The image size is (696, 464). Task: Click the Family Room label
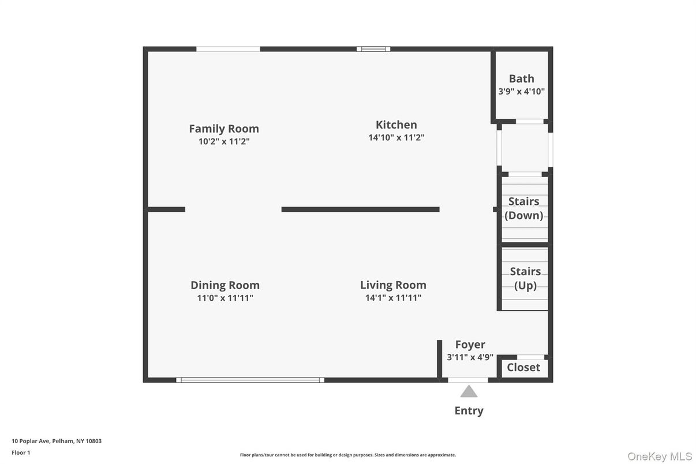pyautogui.click(x=224, y=129)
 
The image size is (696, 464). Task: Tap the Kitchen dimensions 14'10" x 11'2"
pyautogui.click(x=396, y=138)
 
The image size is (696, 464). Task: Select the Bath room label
pyautogui.click(x=521, y=78)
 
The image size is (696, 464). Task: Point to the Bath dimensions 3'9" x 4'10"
pyautogui.click(x=521, y=91)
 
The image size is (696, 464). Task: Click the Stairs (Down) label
pyautogui.click(x=523, y=208)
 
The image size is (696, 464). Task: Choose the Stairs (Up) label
pyautogui.click(x=525, y=278)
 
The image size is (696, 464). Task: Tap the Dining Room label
pyautogui.click(x=225, y=285)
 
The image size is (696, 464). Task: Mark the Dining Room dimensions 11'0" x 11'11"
pyautogui.click(x=225, y=298)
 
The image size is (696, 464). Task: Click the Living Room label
pyautogui.click(x=393, y=285)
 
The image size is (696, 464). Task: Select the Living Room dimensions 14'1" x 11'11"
pyautogui.click(x=393, y=298)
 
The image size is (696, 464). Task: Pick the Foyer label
pyautogui.click(x=470, y=345)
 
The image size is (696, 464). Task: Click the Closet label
pyautogui.click(x=523, y=368)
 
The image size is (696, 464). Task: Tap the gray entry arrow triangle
pyautogui.click(x=469, y=392)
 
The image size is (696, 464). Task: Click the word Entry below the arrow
pyautogui.click(x=469, y=411)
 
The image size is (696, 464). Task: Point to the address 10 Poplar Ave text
pyautogui.click(x=57, y=441)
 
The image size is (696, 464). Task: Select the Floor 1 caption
pyautogui.click(x=21, y=452)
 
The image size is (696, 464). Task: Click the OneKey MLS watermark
pyautogui.click(x=660, y=456)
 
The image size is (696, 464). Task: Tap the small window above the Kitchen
pyautogui.click(x=373, y=49)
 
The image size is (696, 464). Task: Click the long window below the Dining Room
pyautogui.click(x=250, y=380)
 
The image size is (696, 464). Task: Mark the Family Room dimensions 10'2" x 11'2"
pyautogui.click(x=224, y=141)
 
